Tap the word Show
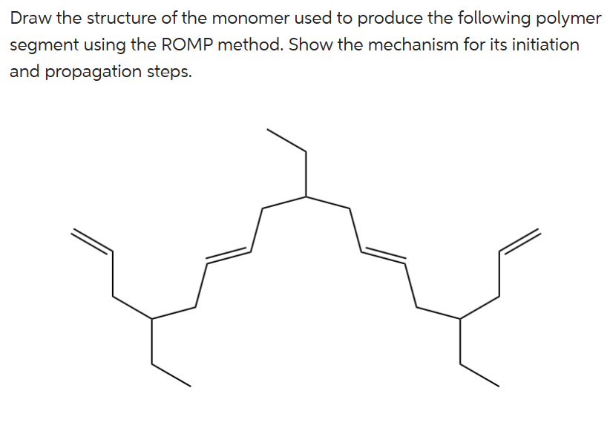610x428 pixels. pos(307,45)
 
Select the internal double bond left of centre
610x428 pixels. pos(229,254)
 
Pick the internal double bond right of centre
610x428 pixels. pos(383,253)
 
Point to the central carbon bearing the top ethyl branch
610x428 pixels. pos(306,197)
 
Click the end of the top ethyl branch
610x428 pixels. pos(268,130)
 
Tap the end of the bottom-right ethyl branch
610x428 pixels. pos(498,386)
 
